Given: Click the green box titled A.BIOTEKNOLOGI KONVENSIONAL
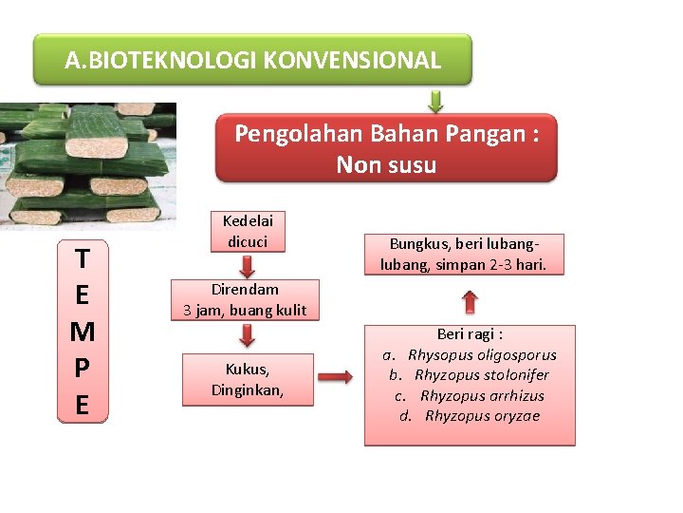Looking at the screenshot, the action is (x=252, y=60).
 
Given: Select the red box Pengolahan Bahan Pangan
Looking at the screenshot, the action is (x=386, y=148).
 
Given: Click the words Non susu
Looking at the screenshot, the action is (x=386, y=165).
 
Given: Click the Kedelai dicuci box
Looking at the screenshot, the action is (x=246, y=231).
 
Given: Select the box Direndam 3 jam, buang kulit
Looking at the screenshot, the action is (x=245, y=299).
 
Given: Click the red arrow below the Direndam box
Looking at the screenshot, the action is (x=247, y=334).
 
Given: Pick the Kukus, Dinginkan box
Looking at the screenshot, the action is (x=248, y=379).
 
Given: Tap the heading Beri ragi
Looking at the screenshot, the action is (x=470, y=334).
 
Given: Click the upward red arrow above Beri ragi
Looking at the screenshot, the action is (x=471, y=302).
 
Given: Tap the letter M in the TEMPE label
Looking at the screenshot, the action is (x=83, y=332).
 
